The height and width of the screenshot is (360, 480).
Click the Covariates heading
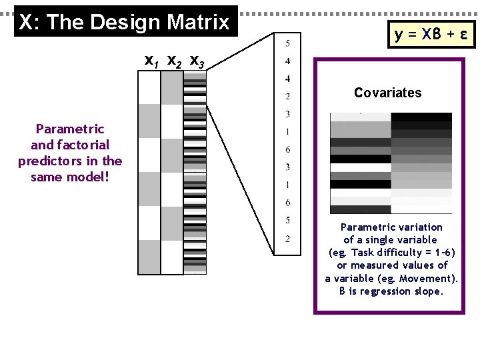click(387, 93)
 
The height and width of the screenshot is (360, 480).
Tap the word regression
click(383, 291)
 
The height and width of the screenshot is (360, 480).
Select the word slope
click(427, 291)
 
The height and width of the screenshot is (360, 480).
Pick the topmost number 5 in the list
click(287, 44)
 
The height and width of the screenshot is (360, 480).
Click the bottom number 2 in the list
click(287, 239)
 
